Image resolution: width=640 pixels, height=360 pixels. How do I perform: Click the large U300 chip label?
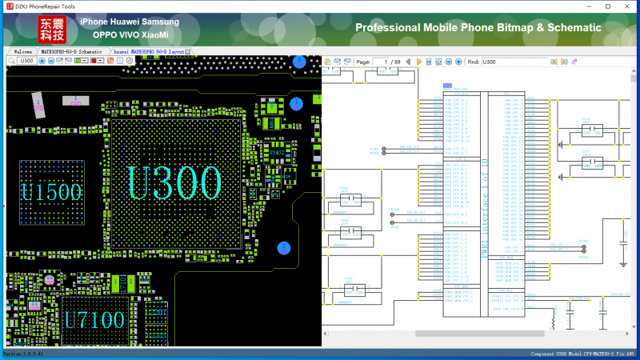tap(175, 183)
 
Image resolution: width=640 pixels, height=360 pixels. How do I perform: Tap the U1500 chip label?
tap(51, 192)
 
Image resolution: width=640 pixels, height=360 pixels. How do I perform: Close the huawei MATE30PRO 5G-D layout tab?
tap(188, 51)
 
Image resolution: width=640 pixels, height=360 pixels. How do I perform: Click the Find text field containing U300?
tap(520, 62)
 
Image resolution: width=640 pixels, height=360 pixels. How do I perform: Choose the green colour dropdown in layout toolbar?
tap(81, 61)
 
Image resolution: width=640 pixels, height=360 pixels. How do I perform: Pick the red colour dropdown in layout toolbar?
tap(97, 61)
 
